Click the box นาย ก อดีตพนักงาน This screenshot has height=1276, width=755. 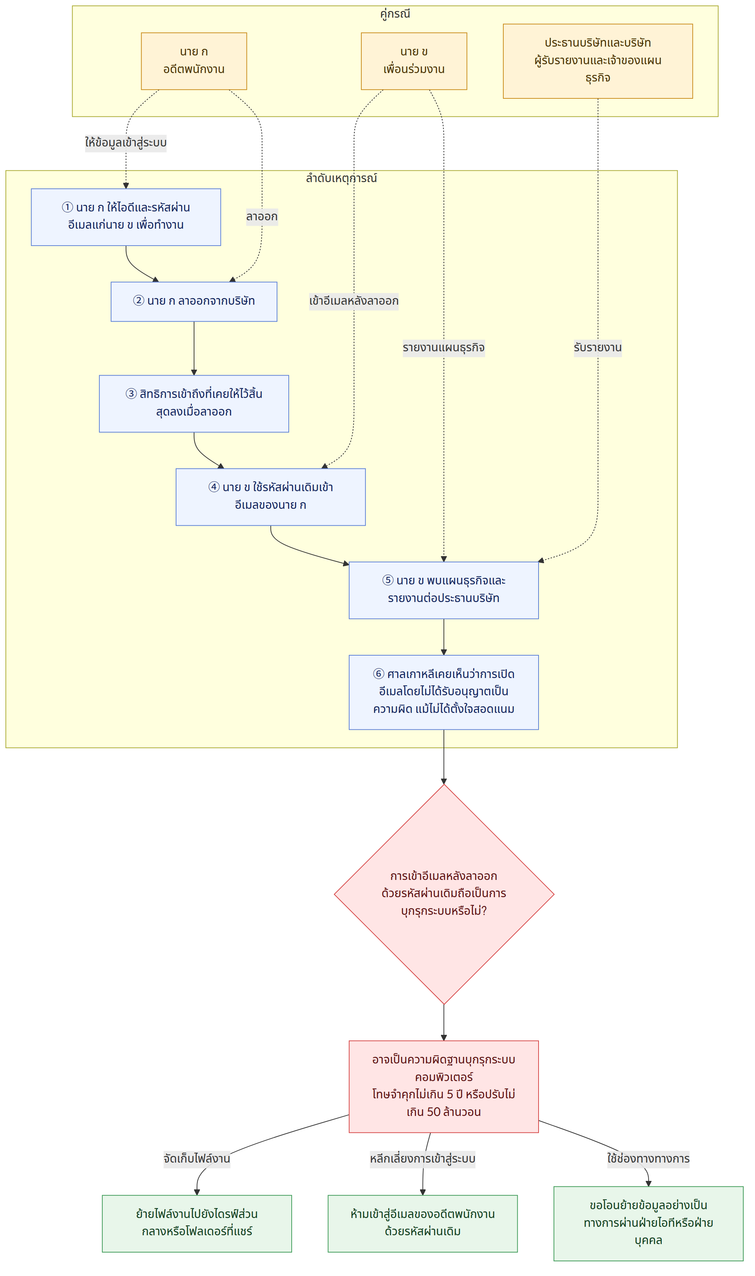194,61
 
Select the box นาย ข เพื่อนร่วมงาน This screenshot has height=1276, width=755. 413,61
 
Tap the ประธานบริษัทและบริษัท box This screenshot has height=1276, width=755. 597,61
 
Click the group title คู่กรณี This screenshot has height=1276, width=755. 395,14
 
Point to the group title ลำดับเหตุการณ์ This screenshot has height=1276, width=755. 342,178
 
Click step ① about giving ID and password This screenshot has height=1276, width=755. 126,217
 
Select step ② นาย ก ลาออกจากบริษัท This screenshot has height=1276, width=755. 194,301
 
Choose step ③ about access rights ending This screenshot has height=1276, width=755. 194,404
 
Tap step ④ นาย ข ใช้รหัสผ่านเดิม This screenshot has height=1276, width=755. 271,497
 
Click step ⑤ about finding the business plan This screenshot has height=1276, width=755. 444,590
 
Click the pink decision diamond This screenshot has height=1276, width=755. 444,894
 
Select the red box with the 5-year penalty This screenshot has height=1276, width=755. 444,1087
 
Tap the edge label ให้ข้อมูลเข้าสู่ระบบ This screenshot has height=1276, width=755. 126,142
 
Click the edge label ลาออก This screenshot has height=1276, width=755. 262,217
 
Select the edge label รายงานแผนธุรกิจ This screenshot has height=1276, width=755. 444,348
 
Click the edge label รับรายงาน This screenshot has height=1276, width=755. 597,348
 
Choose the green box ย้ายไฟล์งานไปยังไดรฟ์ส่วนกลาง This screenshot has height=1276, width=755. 197,1224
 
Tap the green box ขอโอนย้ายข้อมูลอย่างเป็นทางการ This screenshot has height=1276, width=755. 648,1224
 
